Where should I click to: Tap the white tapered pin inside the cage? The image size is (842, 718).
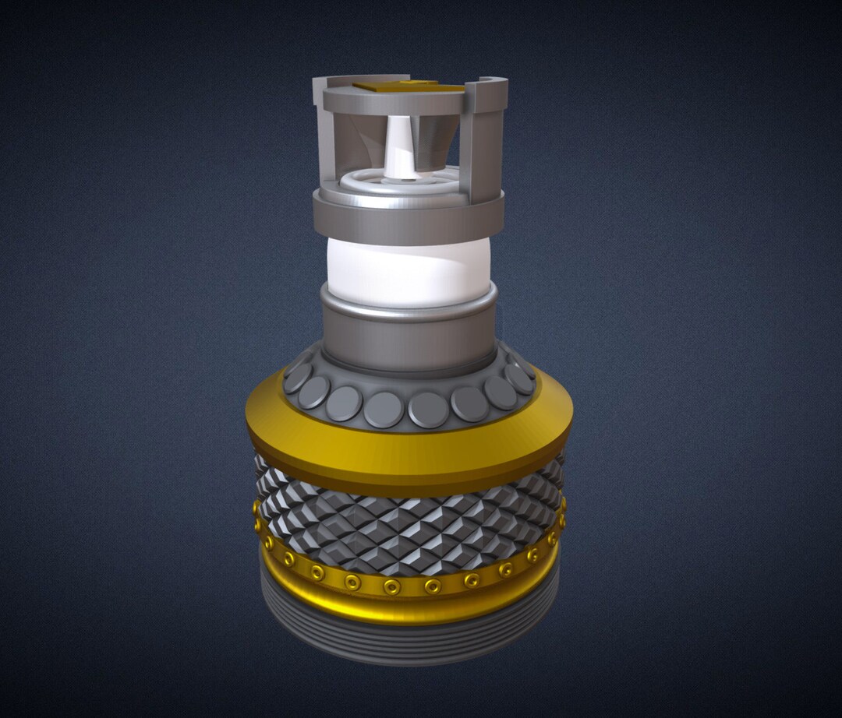(400, 148)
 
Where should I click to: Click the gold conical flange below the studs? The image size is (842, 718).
(409, 452)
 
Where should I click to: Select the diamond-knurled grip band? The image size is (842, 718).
(409, 526)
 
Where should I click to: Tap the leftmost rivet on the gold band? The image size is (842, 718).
(257, 508)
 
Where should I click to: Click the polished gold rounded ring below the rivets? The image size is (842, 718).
(409, 607)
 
